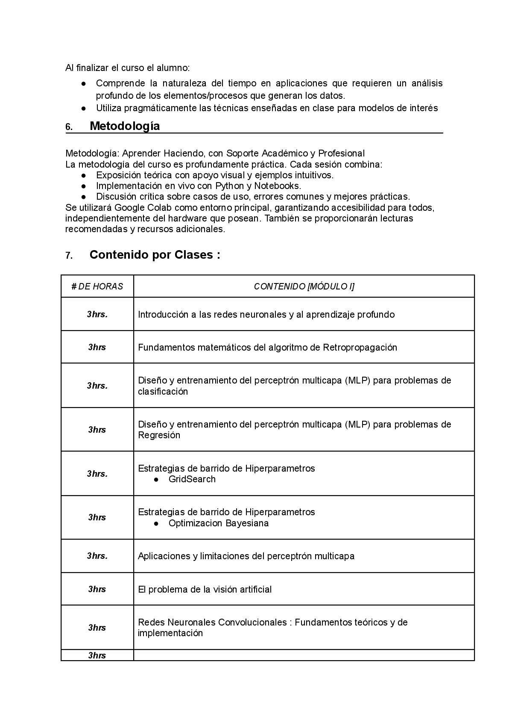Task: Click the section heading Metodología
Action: pos(125,126)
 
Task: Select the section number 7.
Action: pos(69,256)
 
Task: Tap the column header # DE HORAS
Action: pos(97,286)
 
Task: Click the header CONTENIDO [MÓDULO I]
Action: pos(304,286)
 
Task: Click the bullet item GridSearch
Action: pos(192,479)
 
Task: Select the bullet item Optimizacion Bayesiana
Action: pos(218,523)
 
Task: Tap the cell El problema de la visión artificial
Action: pos(205,589)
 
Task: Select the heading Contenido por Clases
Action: pos(155,255)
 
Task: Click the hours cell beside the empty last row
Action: pos(97,655)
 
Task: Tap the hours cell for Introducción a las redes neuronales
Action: pos(97,314)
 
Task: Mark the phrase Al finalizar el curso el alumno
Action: pos(127,68)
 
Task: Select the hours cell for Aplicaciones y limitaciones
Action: pos(97,556)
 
